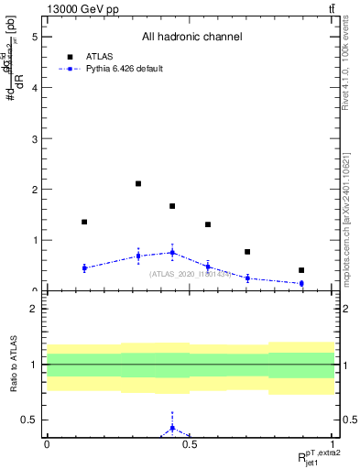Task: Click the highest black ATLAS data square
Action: [138, 184]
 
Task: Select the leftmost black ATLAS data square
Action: [84, 222]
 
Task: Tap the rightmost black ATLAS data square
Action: [301, 270]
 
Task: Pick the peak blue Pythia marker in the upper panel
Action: [172, 252]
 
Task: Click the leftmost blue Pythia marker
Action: [84, 267]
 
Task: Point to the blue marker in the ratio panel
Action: [172, 428]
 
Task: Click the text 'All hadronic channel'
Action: [191, 37]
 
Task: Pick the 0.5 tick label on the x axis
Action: [190, 444]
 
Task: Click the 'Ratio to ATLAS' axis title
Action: [12, 365]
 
